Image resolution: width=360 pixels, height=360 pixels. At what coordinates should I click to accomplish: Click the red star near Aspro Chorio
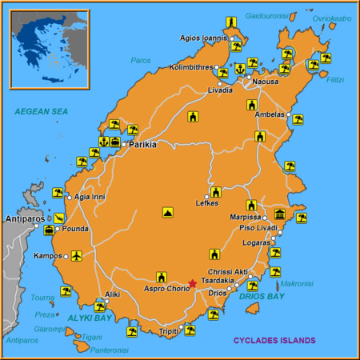coord(192,283)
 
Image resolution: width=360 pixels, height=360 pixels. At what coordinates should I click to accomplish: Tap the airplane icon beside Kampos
coord(76,256)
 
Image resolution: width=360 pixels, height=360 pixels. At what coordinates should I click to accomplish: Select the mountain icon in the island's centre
coord(167,213)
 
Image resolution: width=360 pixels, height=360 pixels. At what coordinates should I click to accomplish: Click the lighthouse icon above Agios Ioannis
coord(231,22)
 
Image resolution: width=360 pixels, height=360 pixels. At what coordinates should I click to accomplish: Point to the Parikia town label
coord(142,145)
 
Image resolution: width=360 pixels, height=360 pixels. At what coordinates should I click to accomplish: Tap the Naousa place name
coord(266,82)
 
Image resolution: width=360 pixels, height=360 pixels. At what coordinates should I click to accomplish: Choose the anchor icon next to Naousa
coord(239,70)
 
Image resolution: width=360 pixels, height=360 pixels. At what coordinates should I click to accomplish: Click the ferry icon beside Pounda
coord(50,230)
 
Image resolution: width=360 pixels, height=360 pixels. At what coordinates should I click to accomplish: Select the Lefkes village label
coord(206,203)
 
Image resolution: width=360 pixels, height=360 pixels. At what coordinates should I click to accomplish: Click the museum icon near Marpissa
coord(280,214)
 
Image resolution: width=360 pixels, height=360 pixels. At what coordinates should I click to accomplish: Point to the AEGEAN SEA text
coord(41,111)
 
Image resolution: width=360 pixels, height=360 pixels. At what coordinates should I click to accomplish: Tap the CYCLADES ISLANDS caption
coord(274,340)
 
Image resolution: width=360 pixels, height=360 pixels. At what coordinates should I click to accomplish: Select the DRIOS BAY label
coord(262,297)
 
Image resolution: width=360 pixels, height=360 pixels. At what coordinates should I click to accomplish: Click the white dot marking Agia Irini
coord(69,197)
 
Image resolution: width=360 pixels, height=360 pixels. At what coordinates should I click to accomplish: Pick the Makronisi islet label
coord(297,282)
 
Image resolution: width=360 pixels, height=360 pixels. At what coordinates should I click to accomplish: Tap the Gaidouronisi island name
coord(267,15)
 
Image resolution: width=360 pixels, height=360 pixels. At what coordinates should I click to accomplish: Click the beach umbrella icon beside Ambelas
coord(298,119)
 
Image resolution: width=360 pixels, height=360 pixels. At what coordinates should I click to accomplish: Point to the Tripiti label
coord(168,331)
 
